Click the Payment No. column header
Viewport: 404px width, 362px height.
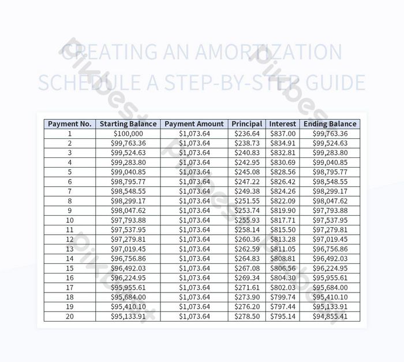click(70, 124)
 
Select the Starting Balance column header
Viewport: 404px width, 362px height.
click(128, 124)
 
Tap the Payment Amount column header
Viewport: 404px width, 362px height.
click(194, 124)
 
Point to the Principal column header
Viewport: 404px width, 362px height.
click(247, 124)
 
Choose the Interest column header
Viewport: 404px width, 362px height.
click(283, 124)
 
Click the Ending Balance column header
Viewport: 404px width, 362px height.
click(330, 124)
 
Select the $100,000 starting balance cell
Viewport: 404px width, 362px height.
click(128, 134)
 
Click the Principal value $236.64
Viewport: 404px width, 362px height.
click(247, 134)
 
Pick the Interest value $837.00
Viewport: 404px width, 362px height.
click(283, 134)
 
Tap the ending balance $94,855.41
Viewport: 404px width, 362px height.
click(330, 316)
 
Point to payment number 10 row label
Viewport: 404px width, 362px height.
click(70, 220)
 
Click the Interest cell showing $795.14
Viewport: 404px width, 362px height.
click(283, 316)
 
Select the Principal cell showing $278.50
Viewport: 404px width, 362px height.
click(247, 316)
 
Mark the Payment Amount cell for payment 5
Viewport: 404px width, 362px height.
click(194, 172)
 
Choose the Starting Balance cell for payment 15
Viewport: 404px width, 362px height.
click(128, 268)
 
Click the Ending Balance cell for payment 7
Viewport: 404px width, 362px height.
click(330, 191)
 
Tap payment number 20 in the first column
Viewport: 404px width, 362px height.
click(70, 316)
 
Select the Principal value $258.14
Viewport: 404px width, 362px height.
click(247, 230)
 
